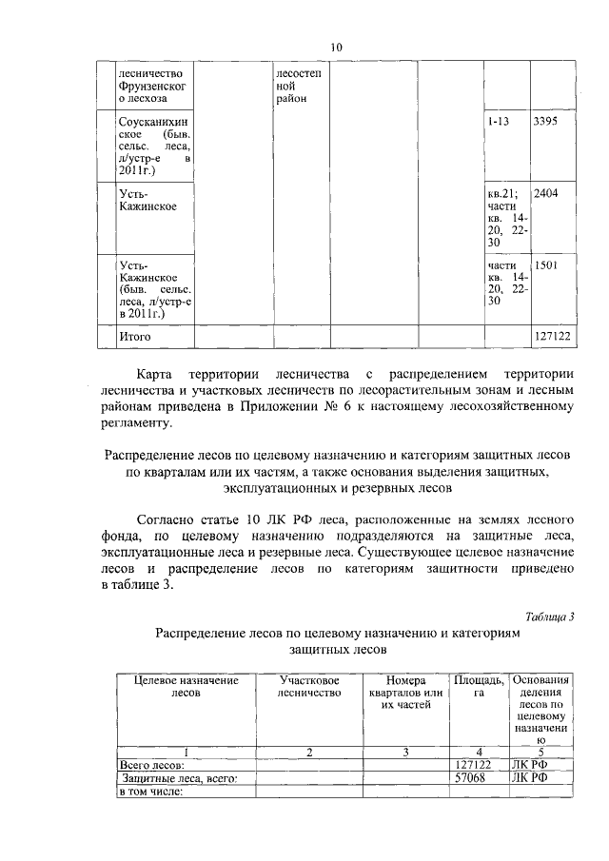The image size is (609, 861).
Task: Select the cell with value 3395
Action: coord(546,123)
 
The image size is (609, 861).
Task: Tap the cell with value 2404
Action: coord(546,194)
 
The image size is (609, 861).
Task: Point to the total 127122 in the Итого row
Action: coord(552,337)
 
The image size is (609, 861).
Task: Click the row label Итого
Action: coord(134,337)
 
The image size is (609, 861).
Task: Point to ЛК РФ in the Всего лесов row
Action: coord(529,764)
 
